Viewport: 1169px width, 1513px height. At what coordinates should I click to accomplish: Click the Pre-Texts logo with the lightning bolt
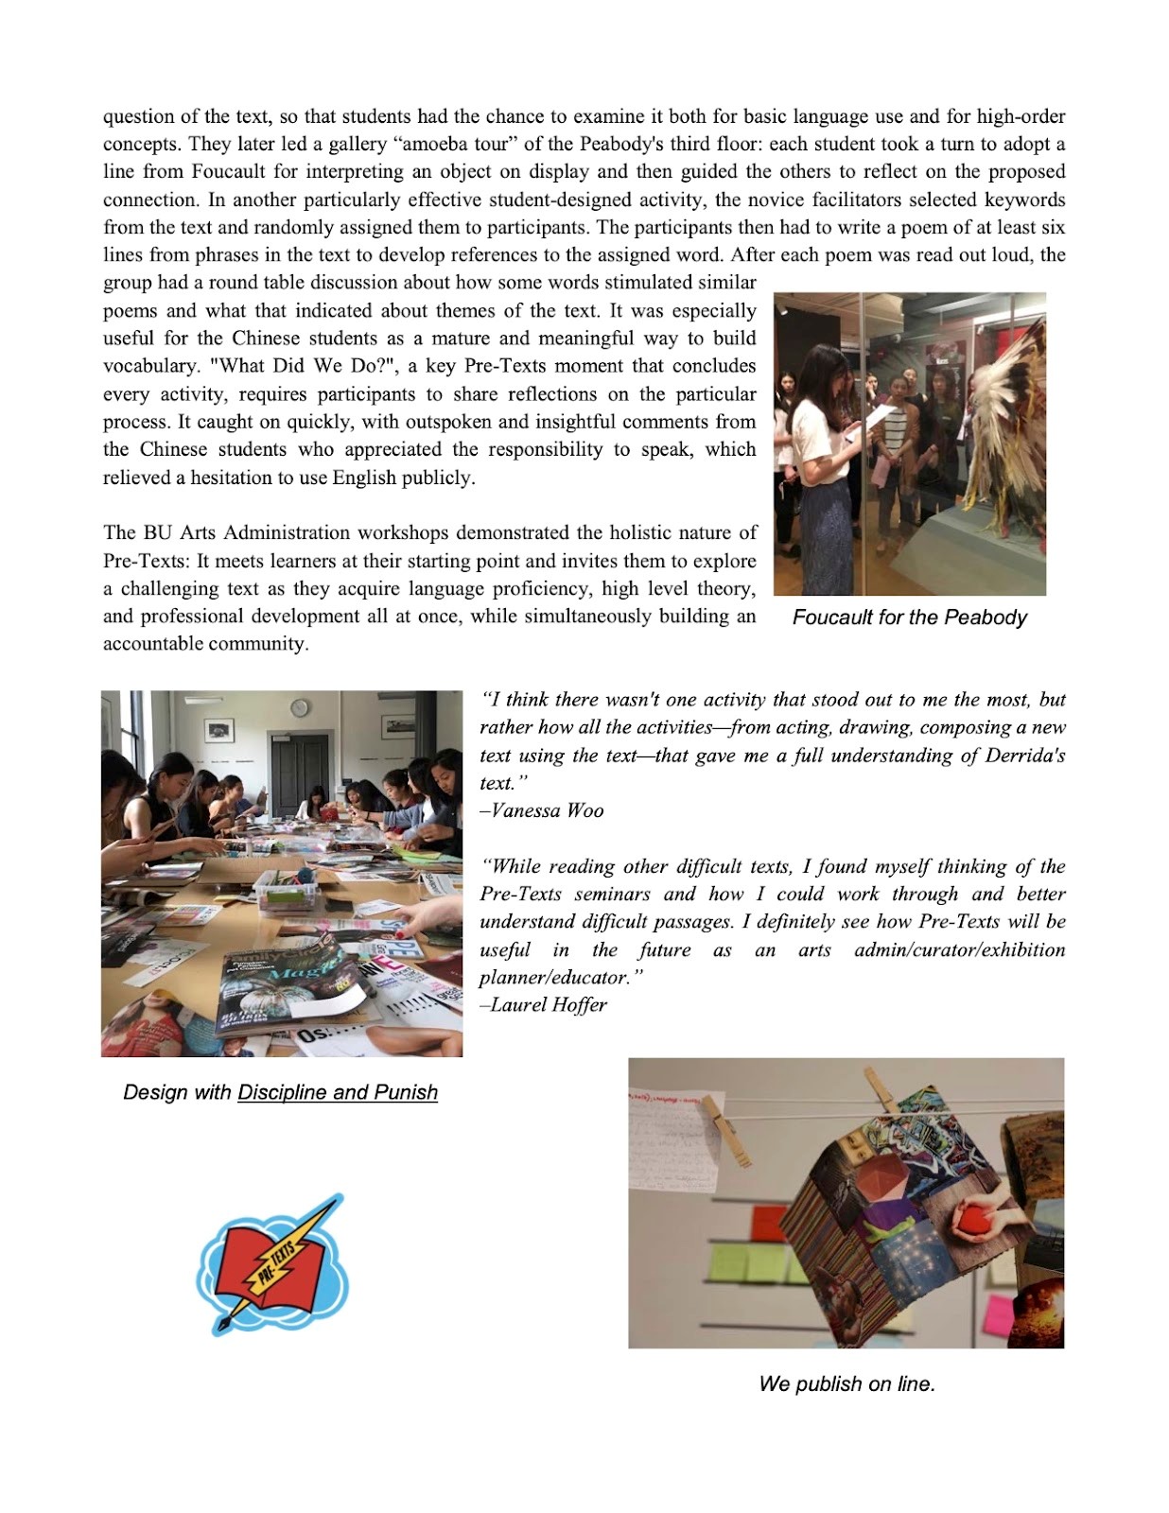coord(271,1265)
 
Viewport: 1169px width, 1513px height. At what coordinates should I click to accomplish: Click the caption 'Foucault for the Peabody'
coord(909,617)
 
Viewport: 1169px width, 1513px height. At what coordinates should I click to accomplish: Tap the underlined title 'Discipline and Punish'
coord(338,1092)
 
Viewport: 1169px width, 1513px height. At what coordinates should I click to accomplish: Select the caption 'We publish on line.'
coord(846,1383)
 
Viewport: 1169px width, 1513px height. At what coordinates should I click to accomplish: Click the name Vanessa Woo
coord(547,810)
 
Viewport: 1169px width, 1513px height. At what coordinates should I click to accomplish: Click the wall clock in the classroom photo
coord(299,708)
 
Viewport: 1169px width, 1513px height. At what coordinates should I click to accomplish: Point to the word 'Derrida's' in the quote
coord(1026,756)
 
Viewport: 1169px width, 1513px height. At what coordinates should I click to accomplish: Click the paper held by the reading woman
coord(875,416)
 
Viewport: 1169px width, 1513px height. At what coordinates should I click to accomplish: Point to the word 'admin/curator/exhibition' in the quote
coord(959,949)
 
